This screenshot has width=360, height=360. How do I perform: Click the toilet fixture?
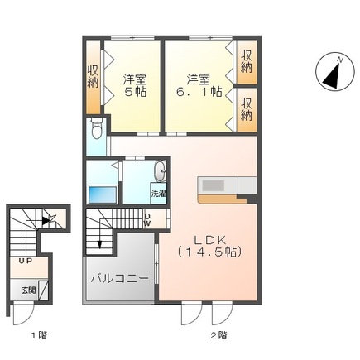[98, 131]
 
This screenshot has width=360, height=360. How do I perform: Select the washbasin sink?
[160, 171]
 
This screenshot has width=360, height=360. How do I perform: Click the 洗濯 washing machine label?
[158, 193]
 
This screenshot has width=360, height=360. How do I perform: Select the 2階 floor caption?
[218, 335]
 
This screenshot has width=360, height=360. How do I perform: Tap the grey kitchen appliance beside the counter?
[247, 185]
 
